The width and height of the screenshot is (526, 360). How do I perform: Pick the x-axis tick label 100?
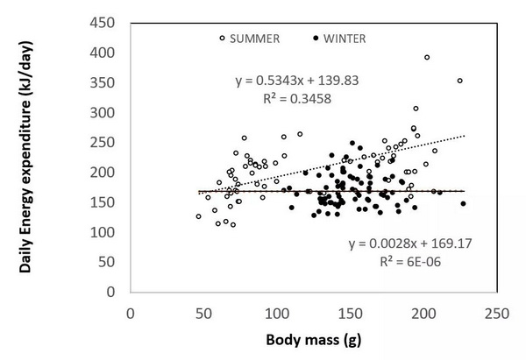tap(278, 312)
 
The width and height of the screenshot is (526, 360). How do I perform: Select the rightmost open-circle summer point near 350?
tap(459, 81)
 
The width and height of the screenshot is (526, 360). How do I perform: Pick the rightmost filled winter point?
tap(463, 204)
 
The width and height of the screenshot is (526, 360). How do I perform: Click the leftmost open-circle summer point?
tap(198, 216)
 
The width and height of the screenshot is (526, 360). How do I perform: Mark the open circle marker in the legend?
tap(223, 39)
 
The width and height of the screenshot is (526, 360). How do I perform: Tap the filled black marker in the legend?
tap(315, 39)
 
